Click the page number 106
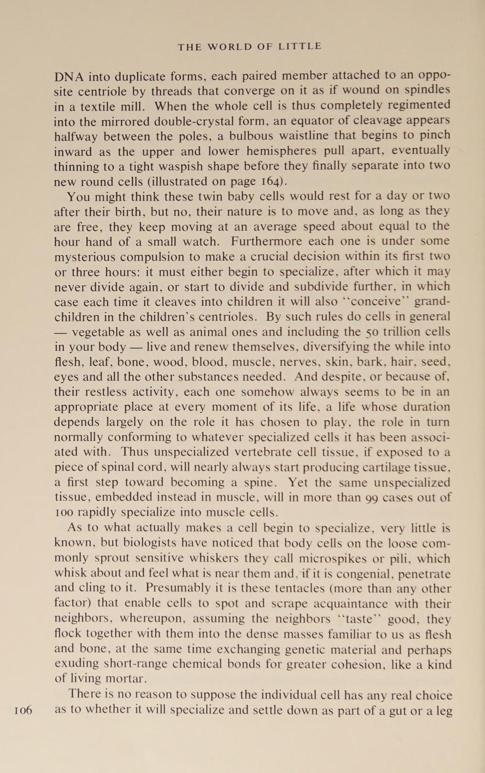tap(23, 710)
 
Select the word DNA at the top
tap(69, 77)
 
